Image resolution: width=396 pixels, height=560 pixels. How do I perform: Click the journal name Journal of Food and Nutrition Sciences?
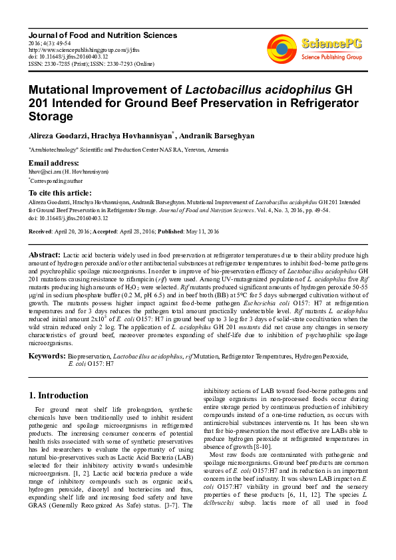(102, 35)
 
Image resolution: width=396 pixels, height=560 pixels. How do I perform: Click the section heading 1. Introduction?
(59, 395)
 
